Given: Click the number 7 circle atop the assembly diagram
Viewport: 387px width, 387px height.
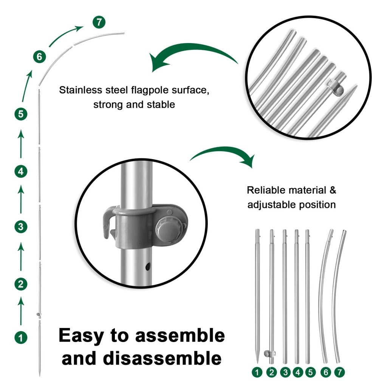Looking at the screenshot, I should (x=99, y=22).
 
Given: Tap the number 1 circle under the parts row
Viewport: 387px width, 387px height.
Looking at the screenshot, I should (x=258, y=372).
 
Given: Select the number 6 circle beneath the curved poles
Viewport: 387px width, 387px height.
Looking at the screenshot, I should (x=326, y=372).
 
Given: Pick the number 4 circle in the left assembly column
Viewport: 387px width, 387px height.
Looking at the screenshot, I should (x=21, y=171).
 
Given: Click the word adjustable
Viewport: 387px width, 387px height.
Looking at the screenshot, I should (x=271, y=205).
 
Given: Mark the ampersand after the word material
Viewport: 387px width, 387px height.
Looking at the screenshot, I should (x=332, y=190).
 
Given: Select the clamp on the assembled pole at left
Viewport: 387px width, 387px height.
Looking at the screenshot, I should (x=38, y=314).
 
